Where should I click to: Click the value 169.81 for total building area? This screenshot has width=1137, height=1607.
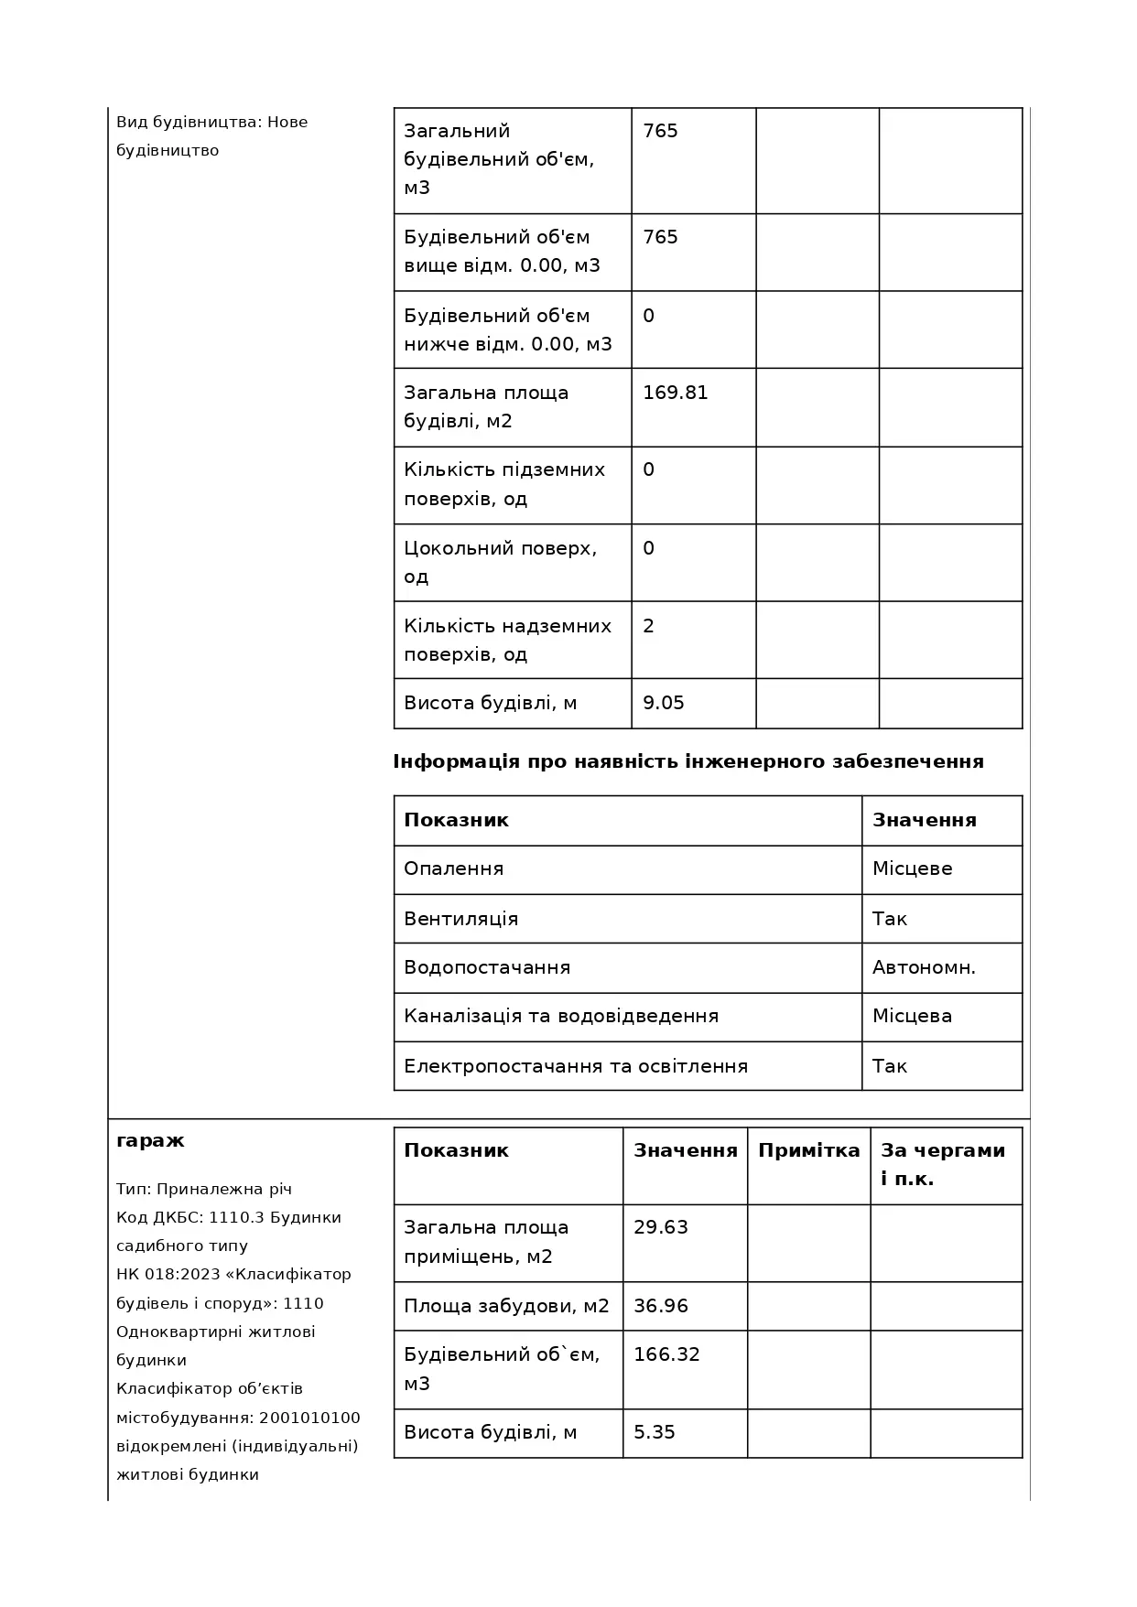tap(676, 393)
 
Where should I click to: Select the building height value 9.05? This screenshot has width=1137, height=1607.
tap(664, 703)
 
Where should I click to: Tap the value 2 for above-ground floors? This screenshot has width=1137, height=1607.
tap(649, 626)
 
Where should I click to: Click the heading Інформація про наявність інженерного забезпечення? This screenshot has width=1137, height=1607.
tap(688, 761)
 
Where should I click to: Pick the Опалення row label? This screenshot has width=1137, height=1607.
tap(454, 868)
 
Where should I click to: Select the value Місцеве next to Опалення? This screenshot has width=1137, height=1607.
tap(912, 868)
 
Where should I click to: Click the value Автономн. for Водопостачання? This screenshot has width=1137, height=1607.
tap(924, 967)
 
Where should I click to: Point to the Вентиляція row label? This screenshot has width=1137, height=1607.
tap(461, 919)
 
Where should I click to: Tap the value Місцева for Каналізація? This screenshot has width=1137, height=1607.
tap(912, 1016)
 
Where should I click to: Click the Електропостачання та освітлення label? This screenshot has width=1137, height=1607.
tap(576, 1066)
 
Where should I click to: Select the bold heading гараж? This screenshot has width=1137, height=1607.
tap(150, 1140)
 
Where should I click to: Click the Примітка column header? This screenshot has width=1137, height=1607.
tap(809, 1150)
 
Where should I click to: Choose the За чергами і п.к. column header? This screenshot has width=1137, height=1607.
tap(943, 1164)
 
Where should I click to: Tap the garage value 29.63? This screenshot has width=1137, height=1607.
tap(661, 1227)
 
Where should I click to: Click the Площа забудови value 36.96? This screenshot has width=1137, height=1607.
tap(661, 1306)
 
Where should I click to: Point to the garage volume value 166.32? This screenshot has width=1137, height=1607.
tap(666, 1354)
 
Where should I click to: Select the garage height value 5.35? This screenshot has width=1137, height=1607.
tap(655, 1432)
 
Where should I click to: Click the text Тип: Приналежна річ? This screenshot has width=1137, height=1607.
tap(204, 1189)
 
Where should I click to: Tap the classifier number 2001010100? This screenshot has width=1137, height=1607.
tap(309, 1418)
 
